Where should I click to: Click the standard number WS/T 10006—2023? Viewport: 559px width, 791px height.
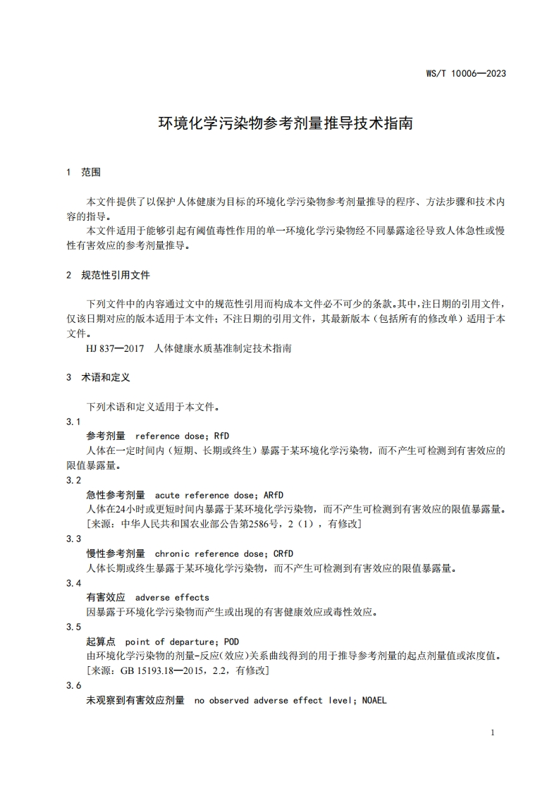coord(466,73)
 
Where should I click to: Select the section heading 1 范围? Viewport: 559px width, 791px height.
coord(84,172)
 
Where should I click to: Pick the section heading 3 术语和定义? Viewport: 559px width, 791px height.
coord(98,378)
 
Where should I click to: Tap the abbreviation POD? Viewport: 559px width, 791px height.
coord(231,642)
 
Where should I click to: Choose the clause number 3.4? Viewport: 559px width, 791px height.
coord(73,583)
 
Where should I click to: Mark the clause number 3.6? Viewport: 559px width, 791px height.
coord(73,686)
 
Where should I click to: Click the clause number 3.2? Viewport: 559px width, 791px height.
coord(73,480)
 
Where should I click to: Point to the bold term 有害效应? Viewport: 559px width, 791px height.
coord(106,597)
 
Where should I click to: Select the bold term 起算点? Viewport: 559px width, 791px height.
coord(101,642)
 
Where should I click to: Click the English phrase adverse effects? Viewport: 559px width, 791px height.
coord(172,597)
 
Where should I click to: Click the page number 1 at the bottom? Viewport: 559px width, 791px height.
coord(492,732)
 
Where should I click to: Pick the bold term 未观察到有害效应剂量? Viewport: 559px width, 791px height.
coord(135,700)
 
